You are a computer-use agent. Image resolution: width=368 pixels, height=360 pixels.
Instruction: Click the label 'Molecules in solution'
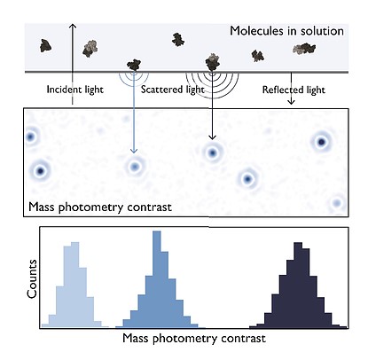286,31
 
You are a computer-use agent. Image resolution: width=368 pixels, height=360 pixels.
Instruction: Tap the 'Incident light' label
75,90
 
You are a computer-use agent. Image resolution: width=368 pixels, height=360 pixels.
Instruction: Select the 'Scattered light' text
173,90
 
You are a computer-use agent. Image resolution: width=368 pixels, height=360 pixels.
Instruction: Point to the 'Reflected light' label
294,90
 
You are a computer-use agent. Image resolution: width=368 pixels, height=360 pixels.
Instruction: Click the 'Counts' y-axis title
32,279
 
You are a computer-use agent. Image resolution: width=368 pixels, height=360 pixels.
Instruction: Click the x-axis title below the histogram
194,339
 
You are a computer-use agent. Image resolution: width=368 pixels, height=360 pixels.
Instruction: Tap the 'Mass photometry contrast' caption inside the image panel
100,207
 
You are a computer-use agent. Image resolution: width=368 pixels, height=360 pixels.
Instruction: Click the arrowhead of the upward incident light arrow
73,26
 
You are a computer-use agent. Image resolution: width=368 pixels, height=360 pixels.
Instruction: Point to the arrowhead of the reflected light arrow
292,102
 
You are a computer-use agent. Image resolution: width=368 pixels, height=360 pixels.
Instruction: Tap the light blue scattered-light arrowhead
134,151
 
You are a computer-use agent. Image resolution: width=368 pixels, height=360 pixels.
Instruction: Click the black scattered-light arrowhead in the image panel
212,137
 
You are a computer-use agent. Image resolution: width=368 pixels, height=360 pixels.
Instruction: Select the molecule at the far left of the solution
45,46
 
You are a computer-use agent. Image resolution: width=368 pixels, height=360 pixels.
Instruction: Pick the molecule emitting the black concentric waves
212,62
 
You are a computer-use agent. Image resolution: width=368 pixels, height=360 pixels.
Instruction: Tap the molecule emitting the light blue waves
134,65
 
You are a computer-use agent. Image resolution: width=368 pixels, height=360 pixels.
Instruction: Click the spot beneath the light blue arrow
135,167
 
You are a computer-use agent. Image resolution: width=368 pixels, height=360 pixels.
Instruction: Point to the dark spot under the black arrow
212,153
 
